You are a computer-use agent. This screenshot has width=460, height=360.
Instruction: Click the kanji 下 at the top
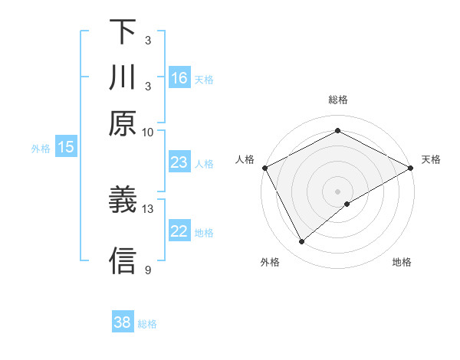[x=123, y=32]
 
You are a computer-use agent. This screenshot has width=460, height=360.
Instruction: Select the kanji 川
[x=123, y=78]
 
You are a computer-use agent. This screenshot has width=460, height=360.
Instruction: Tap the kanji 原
[x=123, y=123]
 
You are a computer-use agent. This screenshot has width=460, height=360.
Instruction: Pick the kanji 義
[x=123, y=201]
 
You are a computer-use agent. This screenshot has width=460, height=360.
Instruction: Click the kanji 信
[x=123, y=260]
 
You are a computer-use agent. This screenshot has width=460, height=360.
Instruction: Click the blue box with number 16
[x=179, y=78]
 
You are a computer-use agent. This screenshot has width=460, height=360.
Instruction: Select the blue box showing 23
[x=179, y=162]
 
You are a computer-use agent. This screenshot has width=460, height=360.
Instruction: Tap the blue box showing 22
[x=179, y=232]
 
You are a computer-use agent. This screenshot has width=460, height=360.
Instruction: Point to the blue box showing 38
[x=123, y=322]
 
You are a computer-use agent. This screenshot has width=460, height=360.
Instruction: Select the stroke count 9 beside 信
[x=148, y=270]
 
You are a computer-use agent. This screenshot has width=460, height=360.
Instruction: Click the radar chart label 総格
[x=338, y=100]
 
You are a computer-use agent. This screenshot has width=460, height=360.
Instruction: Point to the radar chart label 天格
[x=431, y=159]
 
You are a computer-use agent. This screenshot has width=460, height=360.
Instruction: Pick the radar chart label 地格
[x=402, y=262]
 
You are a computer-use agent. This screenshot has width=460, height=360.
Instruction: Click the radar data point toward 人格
[x=264, y=168]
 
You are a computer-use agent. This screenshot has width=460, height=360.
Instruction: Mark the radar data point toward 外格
[x=302, y=242]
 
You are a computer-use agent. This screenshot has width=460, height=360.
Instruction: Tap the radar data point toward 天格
[x=412, y=168]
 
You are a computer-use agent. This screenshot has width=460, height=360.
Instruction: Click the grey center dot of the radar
[x=338, y=191]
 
